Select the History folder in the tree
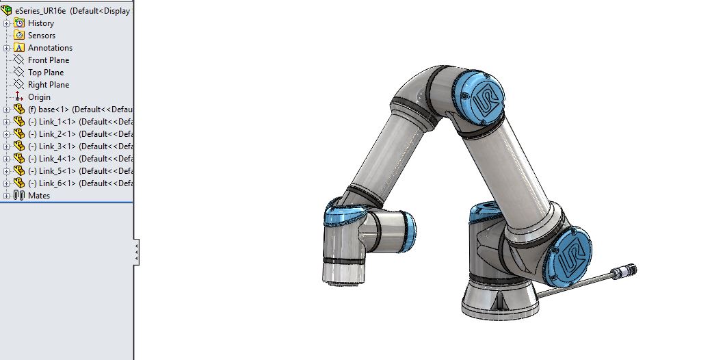pyautogui.click(x=40, y=23)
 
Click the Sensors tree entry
pyautogui.click(x=41, y=36)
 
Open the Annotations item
pyautogui.click(x=49, y=48)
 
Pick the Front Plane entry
pyautogui.click(x=49, y=60)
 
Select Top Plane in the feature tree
pyautogui.click(x=45, y=73)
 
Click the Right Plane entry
pyautogui.click(x=48, y=85)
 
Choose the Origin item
pyautogui.click(x=39, y=97)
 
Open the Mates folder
pyautogui.click(x=38, y=196)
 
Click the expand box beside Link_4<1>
pyautogui.click(x=7, y=159)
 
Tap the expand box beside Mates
pyautogui.click(x=7, y=196)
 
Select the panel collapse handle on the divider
pyautogui.click(x=137, y=253)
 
